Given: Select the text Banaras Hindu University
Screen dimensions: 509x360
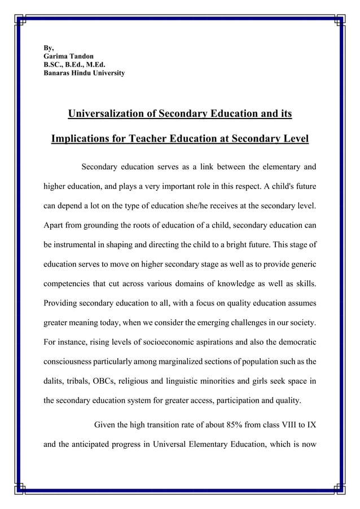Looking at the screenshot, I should pyautogui.click(x=84, y=73).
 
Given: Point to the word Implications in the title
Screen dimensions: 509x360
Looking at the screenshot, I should pyautogui.click(x=81, y=139).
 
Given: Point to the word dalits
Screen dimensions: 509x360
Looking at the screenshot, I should pyautogui.click(x=55, y=382).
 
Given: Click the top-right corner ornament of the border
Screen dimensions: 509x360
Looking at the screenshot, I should pyautogui.click(x=339, y=21).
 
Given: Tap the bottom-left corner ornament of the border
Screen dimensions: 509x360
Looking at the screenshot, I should pyautogui.click(x=21, y=487).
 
